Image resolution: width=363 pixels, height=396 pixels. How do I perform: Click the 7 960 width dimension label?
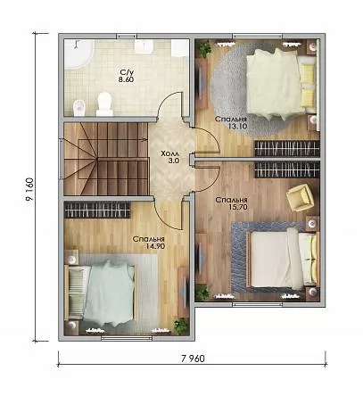click(x=193, y=359)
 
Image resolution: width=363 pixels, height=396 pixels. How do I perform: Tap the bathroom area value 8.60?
click(x=126, y=79)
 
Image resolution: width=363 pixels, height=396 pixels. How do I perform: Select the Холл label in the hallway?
click(x=169, y=154)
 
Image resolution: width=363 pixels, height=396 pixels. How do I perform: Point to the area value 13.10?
click(x=237, y=126)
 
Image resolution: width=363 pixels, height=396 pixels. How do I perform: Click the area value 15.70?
click(x=238, y=207)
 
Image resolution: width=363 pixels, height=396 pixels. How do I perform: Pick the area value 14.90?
click(x=155, y=246)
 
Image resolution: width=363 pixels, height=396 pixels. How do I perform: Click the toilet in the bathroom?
click(x=104, y=104)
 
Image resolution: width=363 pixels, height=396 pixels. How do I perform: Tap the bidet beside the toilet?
click(x=79, y=107)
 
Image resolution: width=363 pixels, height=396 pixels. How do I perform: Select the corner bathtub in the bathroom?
click(x=78, y=54)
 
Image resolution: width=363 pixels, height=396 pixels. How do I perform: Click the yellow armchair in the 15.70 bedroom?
click(x=301, y=198)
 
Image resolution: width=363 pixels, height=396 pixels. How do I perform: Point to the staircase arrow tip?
click(x=146, y=139)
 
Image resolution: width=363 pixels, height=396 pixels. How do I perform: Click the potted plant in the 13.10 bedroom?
click(x=205, y=48)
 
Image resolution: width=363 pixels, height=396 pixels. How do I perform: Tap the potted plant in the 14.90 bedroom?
click(x=180, y=326)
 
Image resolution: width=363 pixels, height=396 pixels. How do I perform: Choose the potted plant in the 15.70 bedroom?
click(x=202, y=293)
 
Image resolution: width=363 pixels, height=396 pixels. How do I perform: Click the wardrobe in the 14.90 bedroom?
click(x=97, y=210)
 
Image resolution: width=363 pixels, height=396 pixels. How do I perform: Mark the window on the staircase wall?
click(x=61, y=159)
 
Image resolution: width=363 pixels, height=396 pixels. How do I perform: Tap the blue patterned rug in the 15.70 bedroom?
click(x=270, y=258)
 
